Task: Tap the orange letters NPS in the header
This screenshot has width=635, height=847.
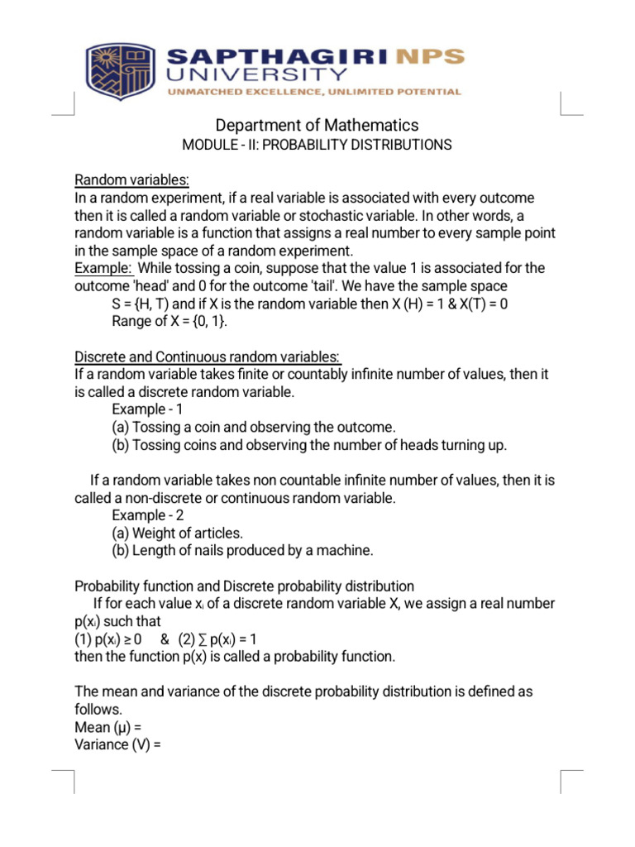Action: click(431, 58)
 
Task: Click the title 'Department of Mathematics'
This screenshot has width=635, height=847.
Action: click(317, 126)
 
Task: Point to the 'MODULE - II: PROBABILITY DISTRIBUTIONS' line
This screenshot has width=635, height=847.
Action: click(317, 146)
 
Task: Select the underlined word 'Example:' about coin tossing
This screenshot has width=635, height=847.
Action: click(104, 268)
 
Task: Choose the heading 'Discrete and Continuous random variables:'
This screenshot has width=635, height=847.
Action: click(208, 357)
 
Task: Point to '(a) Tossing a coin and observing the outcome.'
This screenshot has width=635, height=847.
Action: click(254, 427)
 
